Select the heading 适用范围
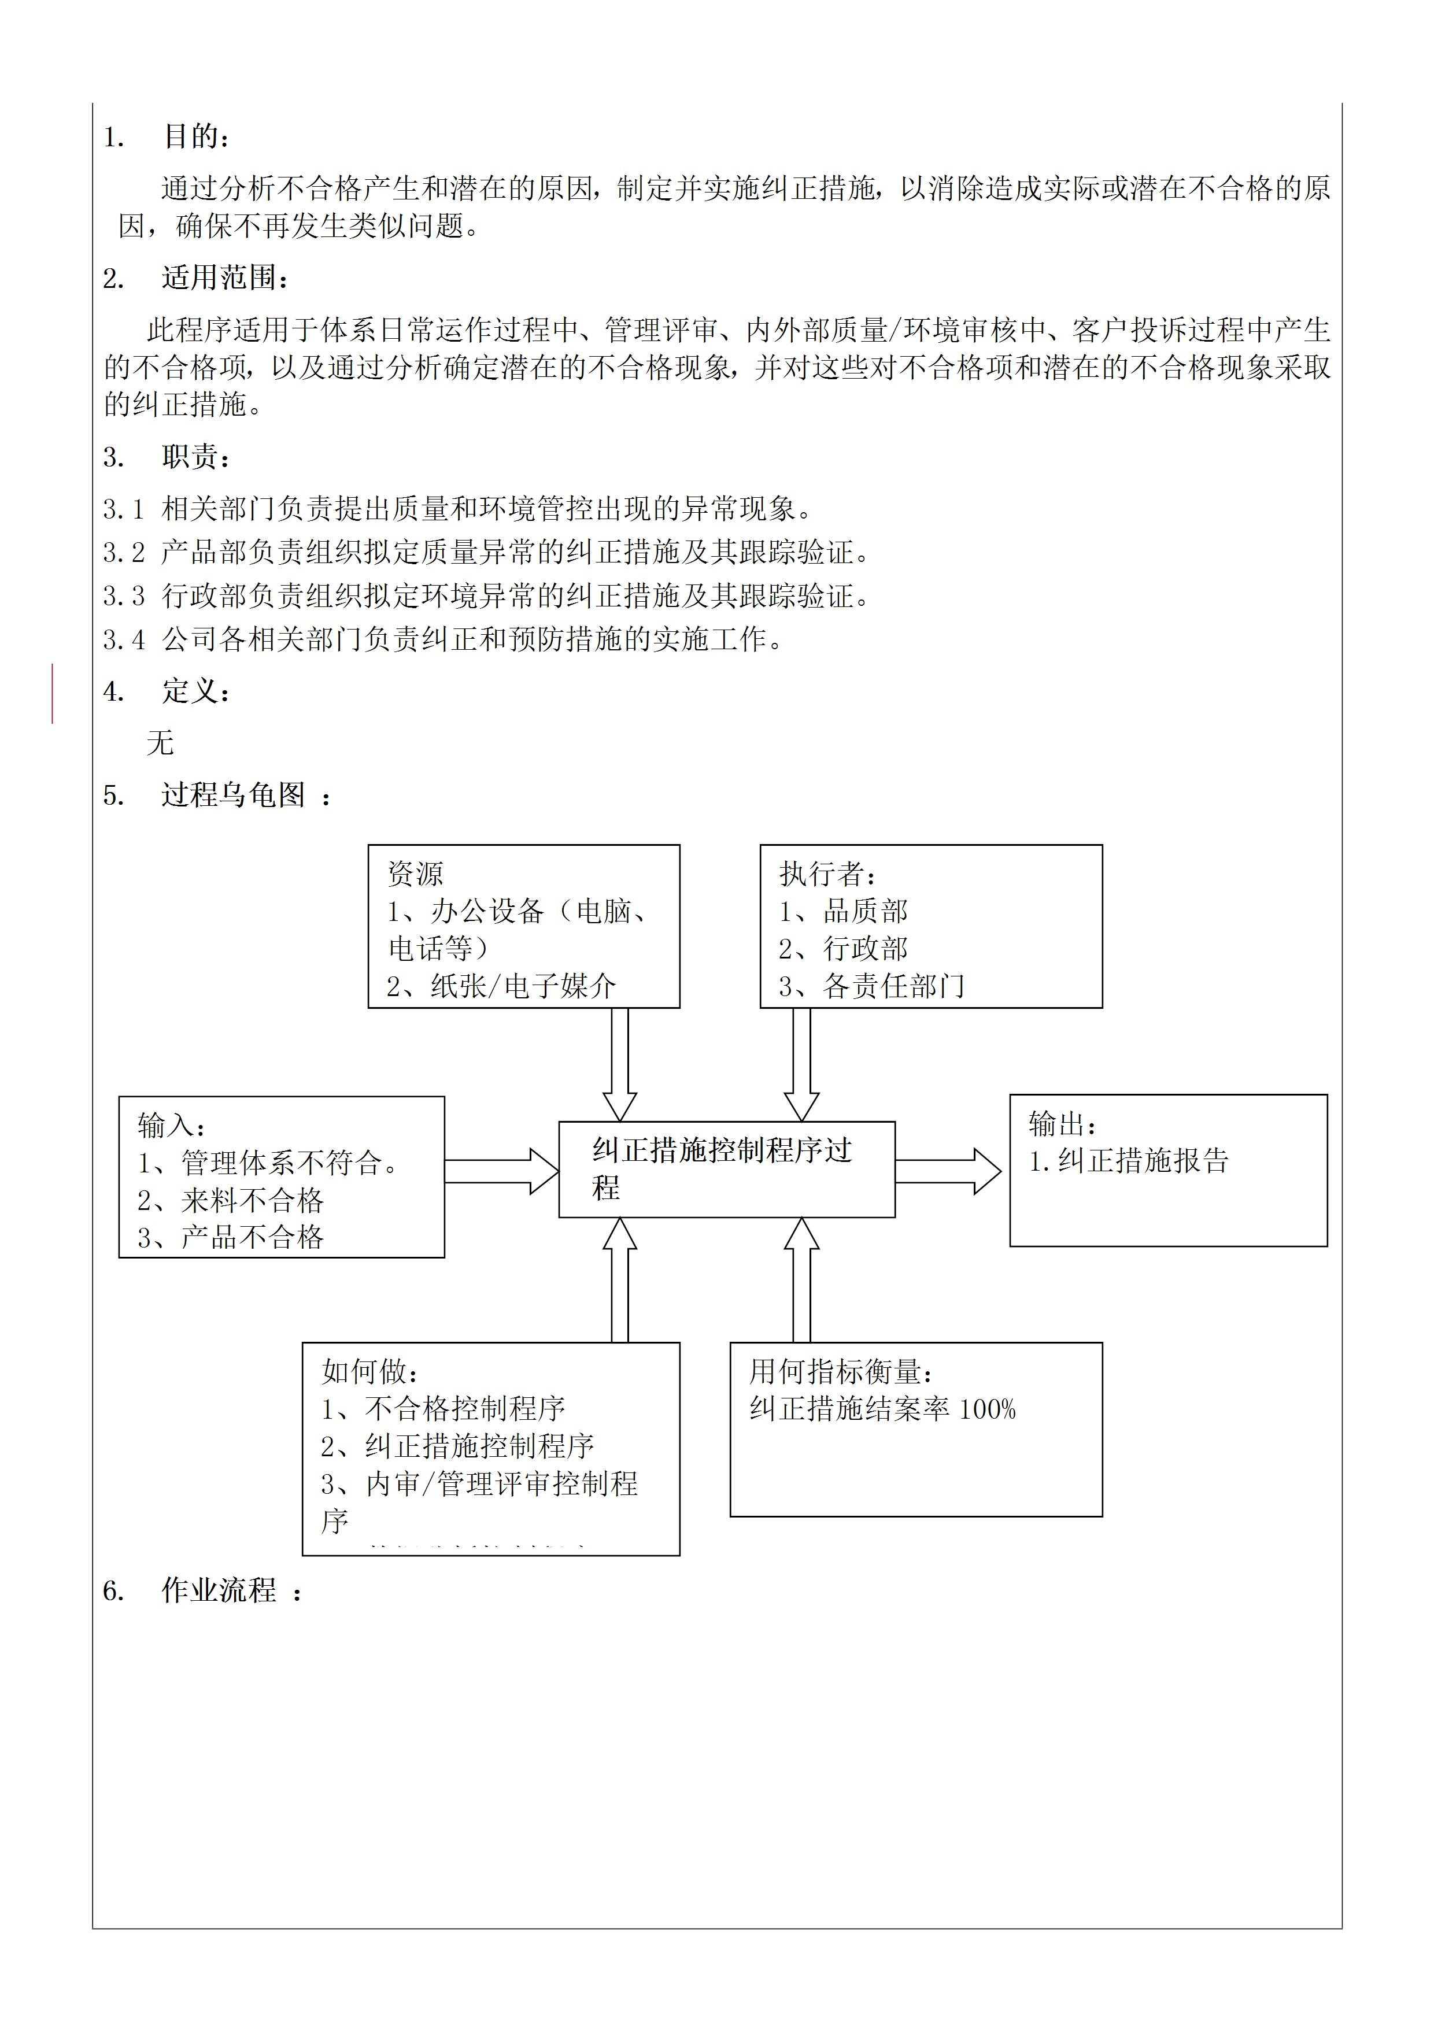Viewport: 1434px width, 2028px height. (219, 278)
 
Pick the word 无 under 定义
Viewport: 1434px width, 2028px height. (160, 743)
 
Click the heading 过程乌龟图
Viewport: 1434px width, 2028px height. (233, 795)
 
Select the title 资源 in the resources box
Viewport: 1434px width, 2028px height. (415, 874)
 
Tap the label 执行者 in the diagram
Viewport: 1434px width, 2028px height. (822, 874)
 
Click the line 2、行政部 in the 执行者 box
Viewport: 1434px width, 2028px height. (843, 949)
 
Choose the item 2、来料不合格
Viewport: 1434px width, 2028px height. (231, 1200)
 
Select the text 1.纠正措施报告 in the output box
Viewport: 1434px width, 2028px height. (1128, 1161)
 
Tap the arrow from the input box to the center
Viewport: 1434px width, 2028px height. (501, 1171)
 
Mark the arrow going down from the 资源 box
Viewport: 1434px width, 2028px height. (619, 1064)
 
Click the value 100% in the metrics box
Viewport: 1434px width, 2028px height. (987, 1409)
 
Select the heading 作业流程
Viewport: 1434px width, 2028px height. (219, 1591)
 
